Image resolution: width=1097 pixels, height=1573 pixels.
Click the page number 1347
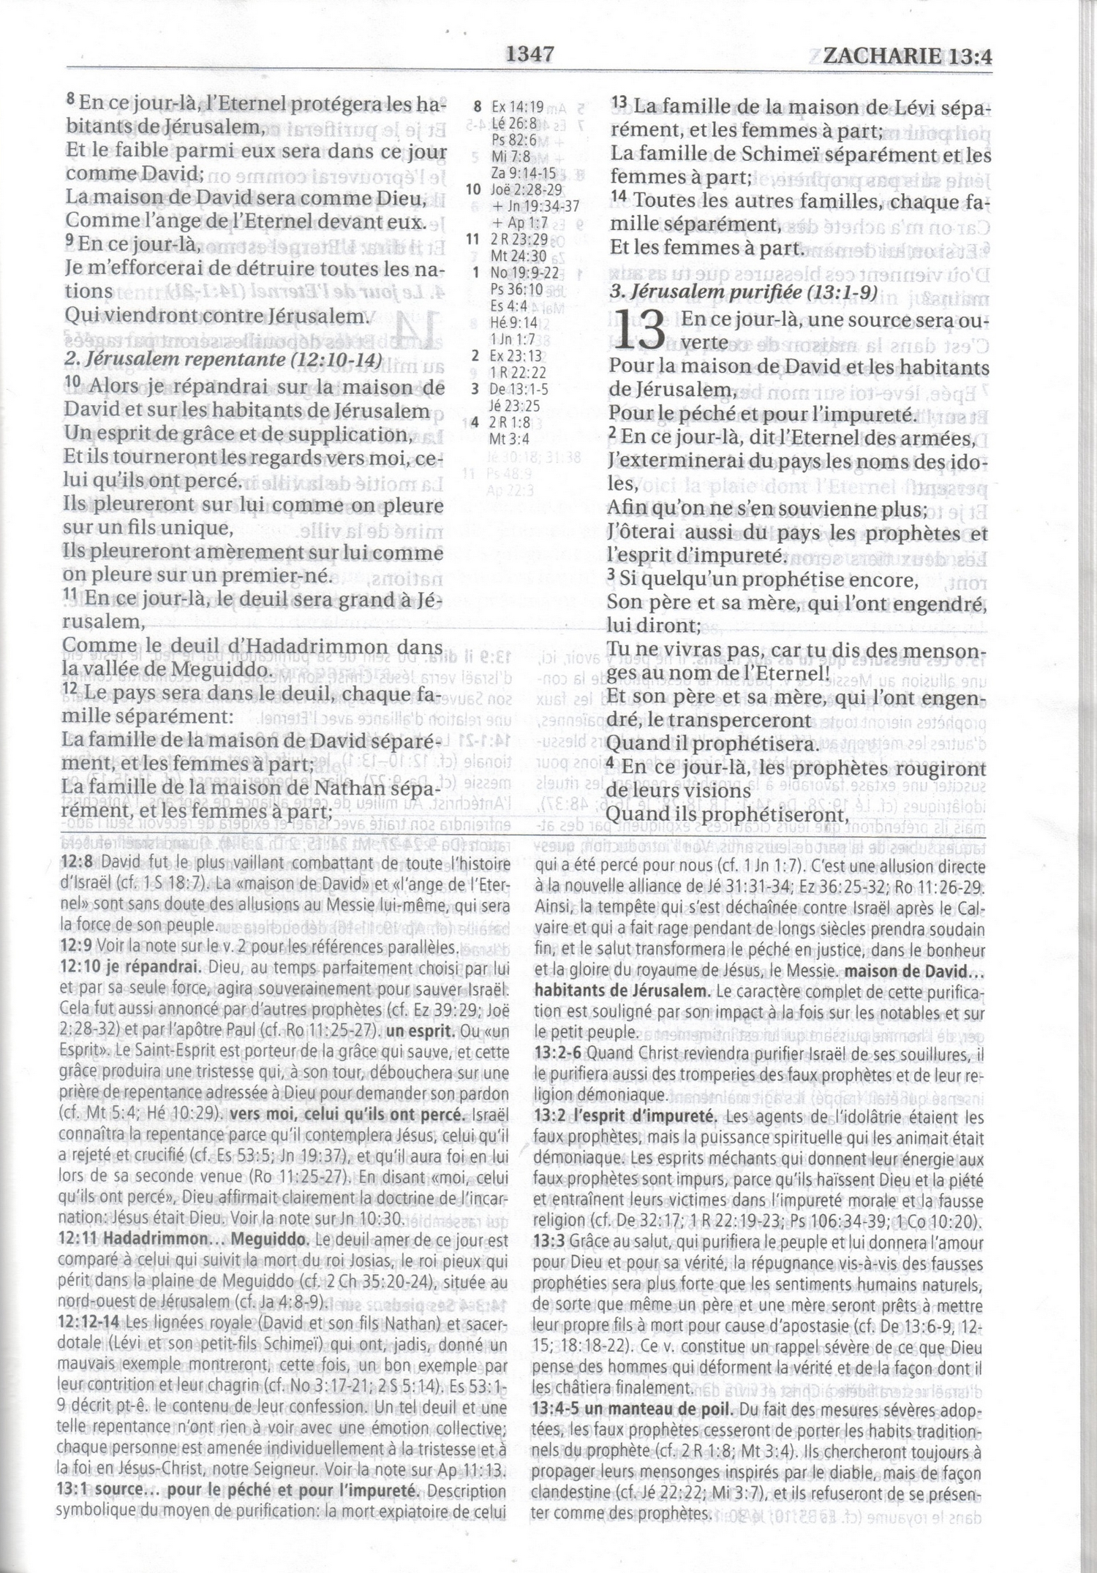[529, 54]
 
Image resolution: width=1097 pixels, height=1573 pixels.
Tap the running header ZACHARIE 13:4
[907, 56]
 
